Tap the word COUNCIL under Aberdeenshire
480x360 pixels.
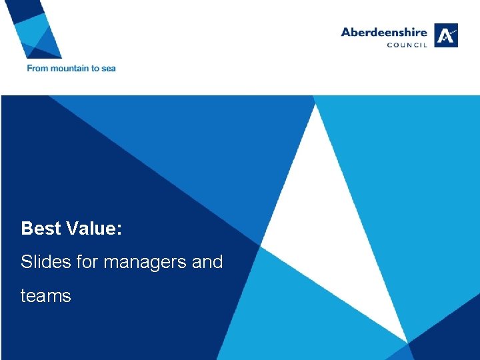click(x=408, y=45)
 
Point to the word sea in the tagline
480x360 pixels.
click(x=109, y=68)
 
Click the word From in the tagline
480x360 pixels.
click(x=37, y=68)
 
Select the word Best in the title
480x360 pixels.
click(x=41, y=229)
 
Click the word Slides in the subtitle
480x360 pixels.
click(x=44, y=262)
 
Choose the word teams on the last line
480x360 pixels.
click(x=45, y=296)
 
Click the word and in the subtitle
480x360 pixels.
click(x=207, y=262)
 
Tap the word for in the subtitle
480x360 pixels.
click(x=85, y=262)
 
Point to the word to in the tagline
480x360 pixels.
click(x=94, y=68)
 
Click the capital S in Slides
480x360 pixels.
click(x=27, y=262)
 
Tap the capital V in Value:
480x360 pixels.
click(x=72, y=229)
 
